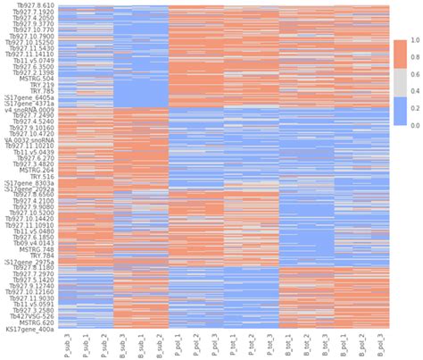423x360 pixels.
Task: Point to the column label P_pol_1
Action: coord(179,345)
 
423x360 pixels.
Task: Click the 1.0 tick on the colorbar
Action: coord(413,41)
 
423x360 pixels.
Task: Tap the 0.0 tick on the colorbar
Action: coord(413,126)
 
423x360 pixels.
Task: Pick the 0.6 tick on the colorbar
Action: coord(413,75)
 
